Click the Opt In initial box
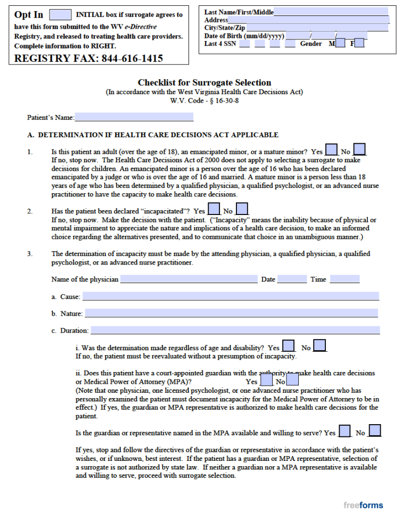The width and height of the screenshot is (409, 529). (60, 15)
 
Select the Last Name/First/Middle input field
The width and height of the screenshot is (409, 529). (331, 12)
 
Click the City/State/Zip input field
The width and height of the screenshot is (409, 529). (317, 28)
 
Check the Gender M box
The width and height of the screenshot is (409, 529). (340, 44)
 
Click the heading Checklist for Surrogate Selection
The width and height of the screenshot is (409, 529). (204, 82)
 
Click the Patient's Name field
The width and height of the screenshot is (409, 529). (134, 117)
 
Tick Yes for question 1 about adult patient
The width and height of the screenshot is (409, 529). (331, 150)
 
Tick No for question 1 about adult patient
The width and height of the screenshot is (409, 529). (359, 150)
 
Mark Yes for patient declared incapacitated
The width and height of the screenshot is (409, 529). (214, 210)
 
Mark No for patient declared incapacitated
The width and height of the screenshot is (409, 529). (242, 210)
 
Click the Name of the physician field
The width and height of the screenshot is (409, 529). (189, 279)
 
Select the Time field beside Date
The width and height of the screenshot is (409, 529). (345, 279)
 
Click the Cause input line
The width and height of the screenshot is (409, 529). (230, 296)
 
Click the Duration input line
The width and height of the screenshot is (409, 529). (235, 330)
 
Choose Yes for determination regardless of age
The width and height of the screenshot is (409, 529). (288, 346)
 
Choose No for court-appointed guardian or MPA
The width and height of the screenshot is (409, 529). (292, 381)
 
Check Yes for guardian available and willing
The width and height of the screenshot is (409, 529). (345, 431)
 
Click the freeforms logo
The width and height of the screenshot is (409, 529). (363, 506)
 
